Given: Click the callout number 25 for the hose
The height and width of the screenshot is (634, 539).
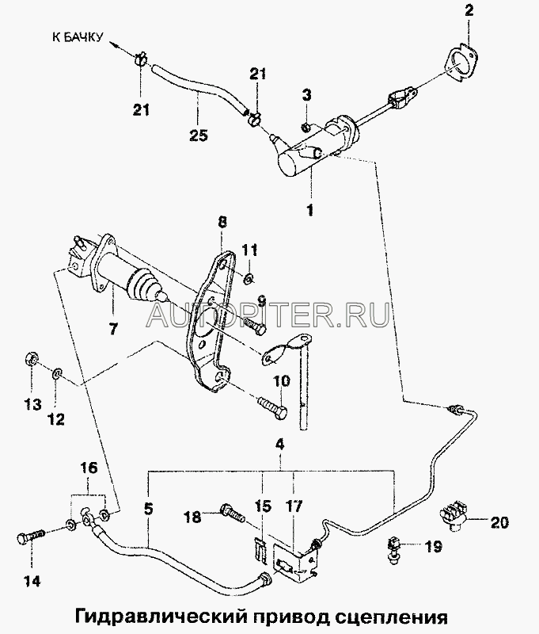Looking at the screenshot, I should click(x=199, y=136).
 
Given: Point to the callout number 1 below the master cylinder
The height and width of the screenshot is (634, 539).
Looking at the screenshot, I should click(x=311, y=210).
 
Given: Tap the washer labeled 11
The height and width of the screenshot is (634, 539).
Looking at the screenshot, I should click(x=247, y=277).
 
